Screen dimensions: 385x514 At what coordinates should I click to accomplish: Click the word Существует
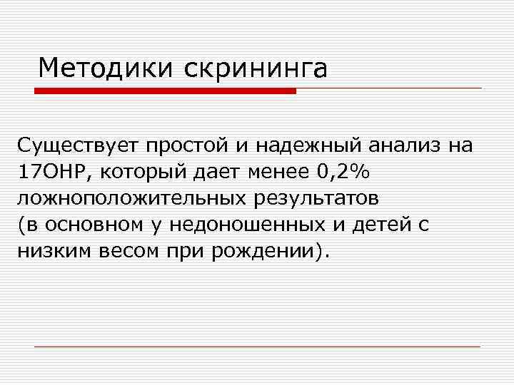pos(79,146)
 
